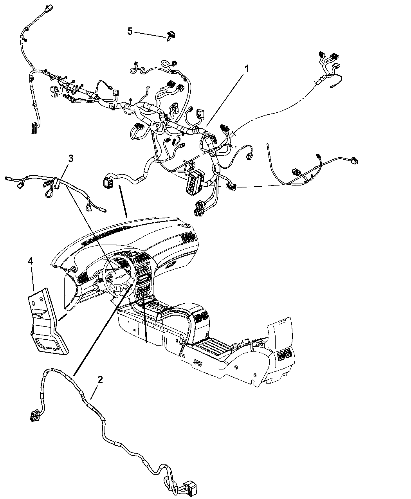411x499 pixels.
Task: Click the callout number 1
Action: coord(247,69)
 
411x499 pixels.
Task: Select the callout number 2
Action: coord(100,380)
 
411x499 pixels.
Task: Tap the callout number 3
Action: coord(71,158)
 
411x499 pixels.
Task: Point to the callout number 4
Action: coord(31,261)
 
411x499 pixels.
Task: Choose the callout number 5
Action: coord(130,31)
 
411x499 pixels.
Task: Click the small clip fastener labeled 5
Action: coord(171,36)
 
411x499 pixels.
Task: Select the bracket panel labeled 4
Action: coord(47,321)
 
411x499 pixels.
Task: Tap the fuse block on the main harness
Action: coord(194,182)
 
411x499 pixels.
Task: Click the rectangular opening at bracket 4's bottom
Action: coord(49,344)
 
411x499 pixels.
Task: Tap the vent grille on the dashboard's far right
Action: coord(187,237)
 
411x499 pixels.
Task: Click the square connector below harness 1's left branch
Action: coord(107,182)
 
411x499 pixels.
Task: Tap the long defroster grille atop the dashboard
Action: coord(105,235)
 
